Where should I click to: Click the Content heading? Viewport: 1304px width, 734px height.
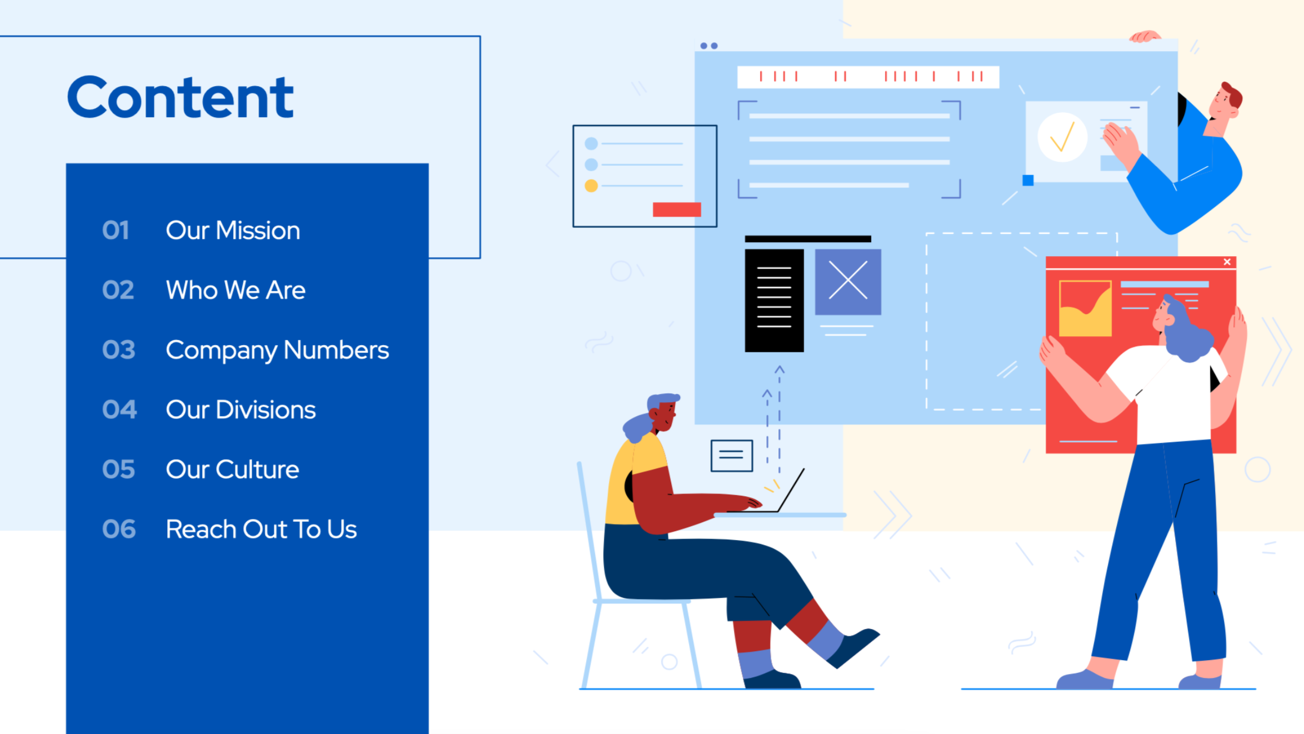[x=180, y=97]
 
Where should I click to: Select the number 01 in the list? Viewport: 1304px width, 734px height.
[x=116, y=230]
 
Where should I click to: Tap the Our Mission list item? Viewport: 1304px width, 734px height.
[x=233, y=230]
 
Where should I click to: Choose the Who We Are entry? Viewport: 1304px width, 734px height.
[x=236, y=290]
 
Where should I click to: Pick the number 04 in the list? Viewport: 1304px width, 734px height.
[x=119, y=410]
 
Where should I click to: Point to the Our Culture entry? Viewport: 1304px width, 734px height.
[x=232, y=470]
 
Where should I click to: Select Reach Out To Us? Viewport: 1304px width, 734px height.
[x=261, y=529]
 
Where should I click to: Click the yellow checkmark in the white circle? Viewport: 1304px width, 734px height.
[x=1062, y=137]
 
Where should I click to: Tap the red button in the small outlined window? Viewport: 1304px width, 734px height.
[x=677, y=209]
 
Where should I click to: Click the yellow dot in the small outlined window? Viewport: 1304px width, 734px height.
[x=591, y=186]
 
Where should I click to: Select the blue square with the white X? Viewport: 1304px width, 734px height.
[x=848, y=282]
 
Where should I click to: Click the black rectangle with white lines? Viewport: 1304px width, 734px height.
[x=774, y=300]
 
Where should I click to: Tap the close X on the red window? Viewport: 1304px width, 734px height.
[x=1227, y=262]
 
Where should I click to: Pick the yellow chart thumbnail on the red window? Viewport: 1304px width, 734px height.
[x=1085, y=308]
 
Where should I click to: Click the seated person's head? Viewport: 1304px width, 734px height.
[x=661, y=412]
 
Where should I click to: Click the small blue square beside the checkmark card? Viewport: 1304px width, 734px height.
[x=1028, y=180]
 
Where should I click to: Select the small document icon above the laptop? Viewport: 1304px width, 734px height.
[x=732, y=456]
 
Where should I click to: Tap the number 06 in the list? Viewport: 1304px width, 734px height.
[x=119, y=529]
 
